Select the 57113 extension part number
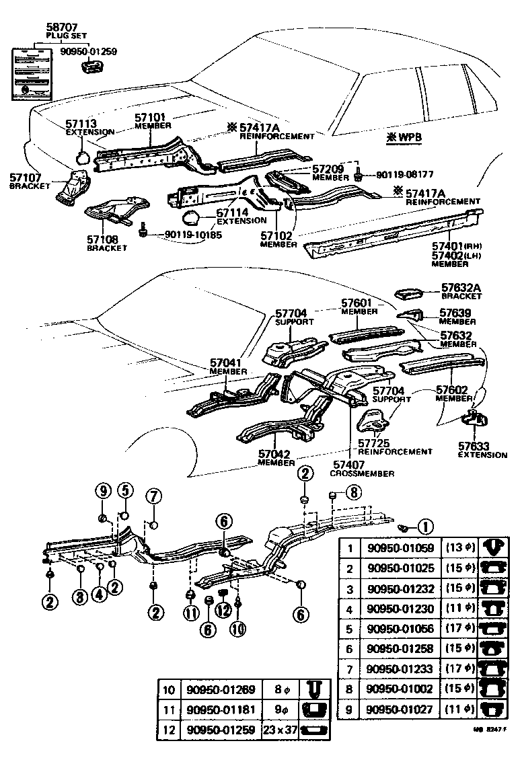point(81,124)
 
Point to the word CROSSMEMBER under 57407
point(362,473)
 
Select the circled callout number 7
point(153,497)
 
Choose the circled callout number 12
point(223,609)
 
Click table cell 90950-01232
point(401,588)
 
